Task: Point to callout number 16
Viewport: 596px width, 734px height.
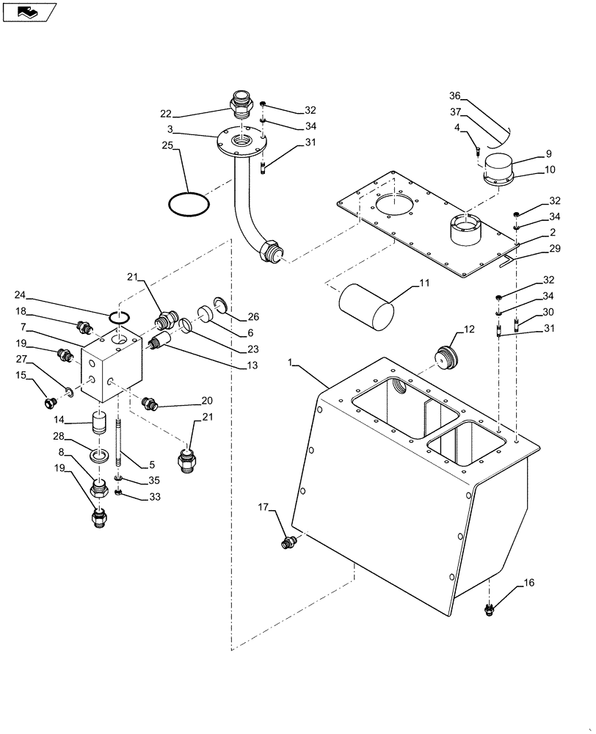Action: (529, 584)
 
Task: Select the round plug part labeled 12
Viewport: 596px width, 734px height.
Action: (445, 357)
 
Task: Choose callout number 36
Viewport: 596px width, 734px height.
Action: (454, 96)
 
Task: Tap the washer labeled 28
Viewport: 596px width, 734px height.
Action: (97, 457)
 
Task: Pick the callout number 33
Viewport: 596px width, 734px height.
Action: (153, 497)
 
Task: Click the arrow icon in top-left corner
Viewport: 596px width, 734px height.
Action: (27, 11)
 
